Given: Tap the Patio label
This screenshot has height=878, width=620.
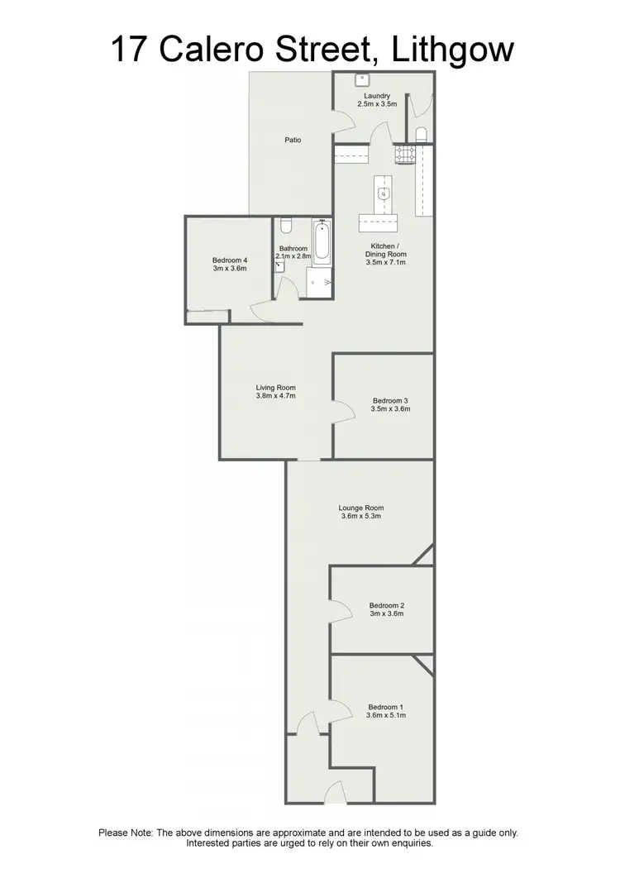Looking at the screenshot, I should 293,140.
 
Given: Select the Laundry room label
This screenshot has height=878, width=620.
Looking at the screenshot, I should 377,96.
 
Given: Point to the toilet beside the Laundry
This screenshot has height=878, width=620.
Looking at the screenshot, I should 422,134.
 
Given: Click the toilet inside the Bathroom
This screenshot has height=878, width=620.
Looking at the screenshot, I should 285,225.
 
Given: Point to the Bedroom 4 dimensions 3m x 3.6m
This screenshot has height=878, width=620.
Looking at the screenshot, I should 230,268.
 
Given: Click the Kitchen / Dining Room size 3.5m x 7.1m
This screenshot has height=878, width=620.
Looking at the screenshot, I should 385,262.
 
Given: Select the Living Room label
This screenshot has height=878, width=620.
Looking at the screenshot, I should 275,388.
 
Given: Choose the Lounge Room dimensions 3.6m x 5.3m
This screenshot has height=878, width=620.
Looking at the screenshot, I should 362,517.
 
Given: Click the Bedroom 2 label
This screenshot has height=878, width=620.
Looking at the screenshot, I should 386,604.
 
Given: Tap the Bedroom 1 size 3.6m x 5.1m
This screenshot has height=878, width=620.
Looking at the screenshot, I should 386,716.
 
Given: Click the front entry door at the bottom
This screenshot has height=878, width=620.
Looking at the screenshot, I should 334,794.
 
